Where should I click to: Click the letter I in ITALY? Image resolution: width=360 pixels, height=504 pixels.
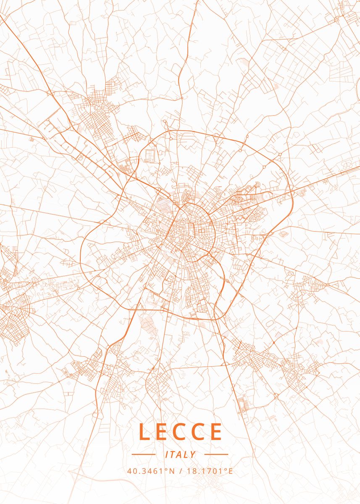point(167,454)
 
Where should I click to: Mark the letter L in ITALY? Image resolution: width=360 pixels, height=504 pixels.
point(186,454)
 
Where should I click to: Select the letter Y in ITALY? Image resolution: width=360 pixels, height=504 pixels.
point(192,454)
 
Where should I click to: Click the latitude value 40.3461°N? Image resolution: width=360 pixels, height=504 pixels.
point(150,471)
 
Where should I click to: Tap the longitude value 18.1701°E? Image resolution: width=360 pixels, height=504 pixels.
point(210,471)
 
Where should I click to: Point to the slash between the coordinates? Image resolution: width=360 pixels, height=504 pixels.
point(180,471)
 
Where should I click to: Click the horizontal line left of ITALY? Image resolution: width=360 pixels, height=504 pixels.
point(144,454)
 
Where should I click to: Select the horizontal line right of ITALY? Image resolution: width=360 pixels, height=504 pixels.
point(216,454)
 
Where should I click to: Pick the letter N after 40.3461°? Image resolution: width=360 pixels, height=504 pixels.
point(171,471)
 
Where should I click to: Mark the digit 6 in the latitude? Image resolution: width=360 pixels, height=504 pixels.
point(156,471)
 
